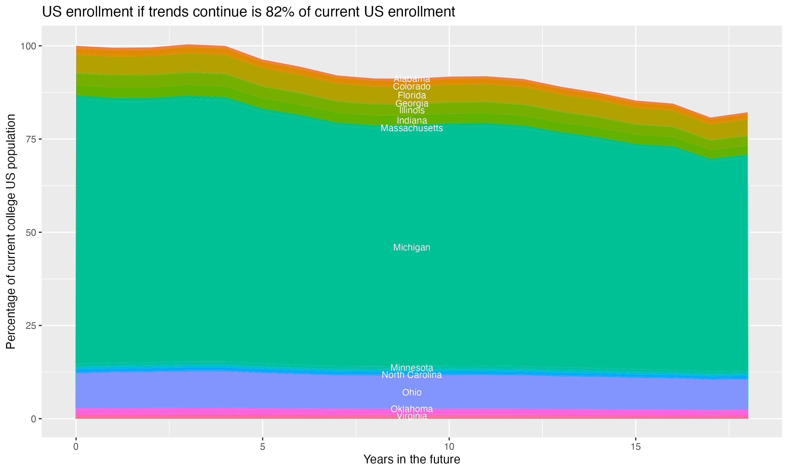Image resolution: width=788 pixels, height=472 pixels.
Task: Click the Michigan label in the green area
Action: click(412, 248)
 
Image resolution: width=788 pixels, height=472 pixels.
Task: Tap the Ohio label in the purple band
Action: click(412, 393)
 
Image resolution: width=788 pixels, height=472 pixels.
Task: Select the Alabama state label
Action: click(412, 79)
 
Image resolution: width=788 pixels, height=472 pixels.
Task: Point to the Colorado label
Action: click(412, 87)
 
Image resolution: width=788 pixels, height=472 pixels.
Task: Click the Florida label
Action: click(412, 95)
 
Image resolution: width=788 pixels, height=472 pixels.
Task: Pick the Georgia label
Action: click(412, 103)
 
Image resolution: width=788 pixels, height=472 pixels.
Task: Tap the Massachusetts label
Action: click(412, 128)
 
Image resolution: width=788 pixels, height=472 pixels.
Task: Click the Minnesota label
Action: click(412, 368)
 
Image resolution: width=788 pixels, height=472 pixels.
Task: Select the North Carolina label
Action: click(412, 375)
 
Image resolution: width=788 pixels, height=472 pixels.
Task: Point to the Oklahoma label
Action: click(412, 409)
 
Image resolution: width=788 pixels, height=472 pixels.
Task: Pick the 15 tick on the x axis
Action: click(635, 447)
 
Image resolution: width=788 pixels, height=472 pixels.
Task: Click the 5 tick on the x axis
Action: click(262, 447)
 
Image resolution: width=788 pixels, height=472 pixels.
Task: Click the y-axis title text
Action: click(11, 232)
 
